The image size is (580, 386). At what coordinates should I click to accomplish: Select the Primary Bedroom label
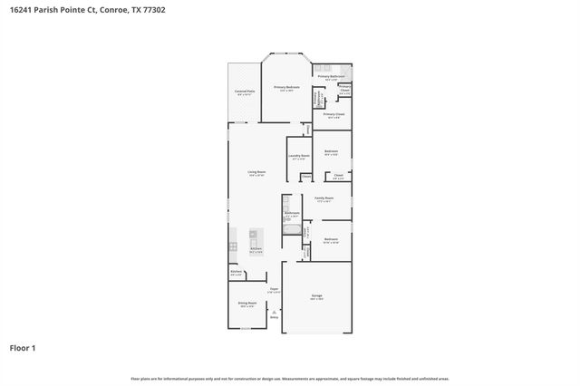point(287,88)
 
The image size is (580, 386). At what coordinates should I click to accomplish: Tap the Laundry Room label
point(300,157)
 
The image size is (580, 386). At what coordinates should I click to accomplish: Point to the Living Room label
point(256,172)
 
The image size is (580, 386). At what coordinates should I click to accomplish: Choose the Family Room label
point(324,198)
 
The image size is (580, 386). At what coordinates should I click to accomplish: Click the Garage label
point(317,296)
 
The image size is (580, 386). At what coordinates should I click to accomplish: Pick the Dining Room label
point(246,304)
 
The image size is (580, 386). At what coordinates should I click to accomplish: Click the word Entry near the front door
point(274,318)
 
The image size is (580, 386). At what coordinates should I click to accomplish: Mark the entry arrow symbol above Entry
point(274,312)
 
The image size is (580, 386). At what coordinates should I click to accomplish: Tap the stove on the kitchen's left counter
point(233,246)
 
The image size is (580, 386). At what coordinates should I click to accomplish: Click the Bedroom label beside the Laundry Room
point(332,151)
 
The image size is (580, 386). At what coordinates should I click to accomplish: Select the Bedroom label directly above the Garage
point(332,240)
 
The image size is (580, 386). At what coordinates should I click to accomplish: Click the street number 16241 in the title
point(22,10)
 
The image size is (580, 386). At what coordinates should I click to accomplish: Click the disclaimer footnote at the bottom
point(289,379)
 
